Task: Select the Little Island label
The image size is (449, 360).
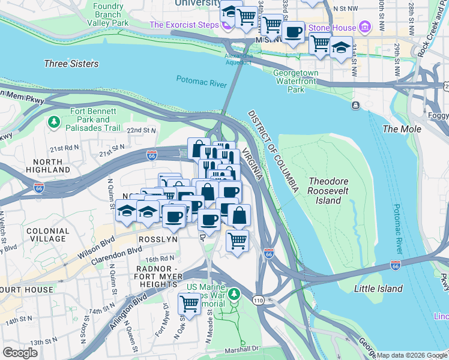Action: pyautogui.click(x=378, y=289)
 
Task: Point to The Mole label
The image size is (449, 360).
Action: pyautogui.click(x=402, y=129)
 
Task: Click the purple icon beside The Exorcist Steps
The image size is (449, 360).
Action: pyautogui.click(x=226, y=25)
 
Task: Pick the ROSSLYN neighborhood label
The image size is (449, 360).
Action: pyautogui.click(x=158, y=239)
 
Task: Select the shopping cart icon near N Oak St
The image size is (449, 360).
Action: pyautogui.click(x=190, y=304)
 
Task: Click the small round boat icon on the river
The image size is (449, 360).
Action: pyautogui.click(x=355, y=106)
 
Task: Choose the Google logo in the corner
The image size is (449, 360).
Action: pyautogui.click(x=20, y=352)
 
